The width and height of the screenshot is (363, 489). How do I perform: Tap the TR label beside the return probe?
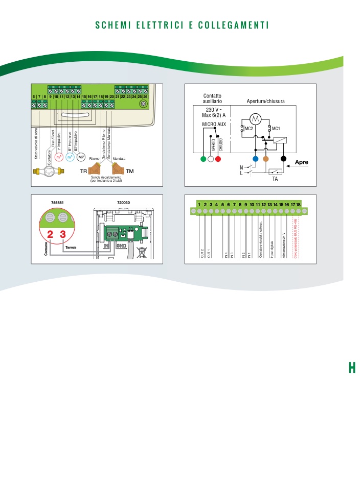[83, 172]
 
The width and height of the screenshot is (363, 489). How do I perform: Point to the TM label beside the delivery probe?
[130, 172]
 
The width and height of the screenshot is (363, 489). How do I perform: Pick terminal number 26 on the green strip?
[146, 96]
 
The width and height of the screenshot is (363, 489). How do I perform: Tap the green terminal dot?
[203, 159]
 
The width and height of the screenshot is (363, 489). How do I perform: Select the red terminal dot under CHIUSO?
[218, 159]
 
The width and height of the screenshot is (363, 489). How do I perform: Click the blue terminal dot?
[256, 159]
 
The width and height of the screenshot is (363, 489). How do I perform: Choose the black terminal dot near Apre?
[284, 159]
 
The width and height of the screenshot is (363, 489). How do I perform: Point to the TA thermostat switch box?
[275, 172]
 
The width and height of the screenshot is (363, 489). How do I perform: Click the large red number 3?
[63, 235]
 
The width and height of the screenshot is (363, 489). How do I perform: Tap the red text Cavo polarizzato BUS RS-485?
[295, 239]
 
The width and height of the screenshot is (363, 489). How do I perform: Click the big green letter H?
[352, 368]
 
